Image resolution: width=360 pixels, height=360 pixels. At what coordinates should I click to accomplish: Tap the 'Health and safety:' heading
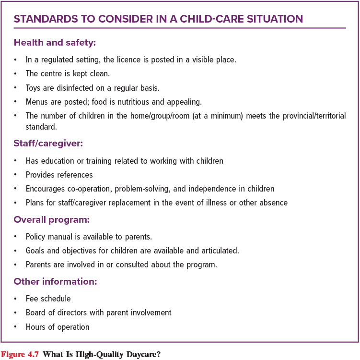(55, 43)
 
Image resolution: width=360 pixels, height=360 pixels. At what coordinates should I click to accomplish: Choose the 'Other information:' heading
(55, 281)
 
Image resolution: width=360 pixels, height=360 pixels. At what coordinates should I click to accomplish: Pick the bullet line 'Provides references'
(59, 175)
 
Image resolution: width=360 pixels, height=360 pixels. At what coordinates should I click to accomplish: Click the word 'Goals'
(35, 251)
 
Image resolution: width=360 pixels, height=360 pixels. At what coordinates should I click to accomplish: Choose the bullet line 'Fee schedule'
(48, 299)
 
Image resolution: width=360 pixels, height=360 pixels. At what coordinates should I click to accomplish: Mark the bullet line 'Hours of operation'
(58, 327)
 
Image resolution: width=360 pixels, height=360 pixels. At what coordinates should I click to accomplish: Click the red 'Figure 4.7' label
(20, 355)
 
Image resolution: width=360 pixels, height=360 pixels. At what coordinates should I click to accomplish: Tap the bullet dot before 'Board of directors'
(16, 313)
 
